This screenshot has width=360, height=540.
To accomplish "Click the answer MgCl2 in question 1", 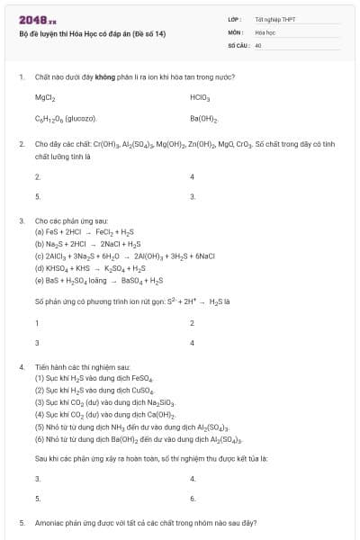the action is pyautogui.click(x=45, y=96).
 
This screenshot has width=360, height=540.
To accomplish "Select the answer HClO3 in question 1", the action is pyautogui.click(x=200, y=96).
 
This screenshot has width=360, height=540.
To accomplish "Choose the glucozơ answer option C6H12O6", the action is pyautogui.click(x=66, y=119).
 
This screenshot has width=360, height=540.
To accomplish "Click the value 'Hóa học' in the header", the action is pyautogui.click(x=265, y=31).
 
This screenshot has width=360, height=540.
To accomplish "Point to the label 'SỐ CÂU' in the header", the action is pyautogui.click(x=238, y=44).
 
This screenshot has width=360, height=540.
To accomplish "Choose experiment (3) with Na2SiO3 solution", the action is pyautogui.click(x=103, y=402).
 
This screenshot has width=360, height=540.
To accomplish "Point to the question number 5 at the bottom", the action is pyautogui.click(x=21, y=522).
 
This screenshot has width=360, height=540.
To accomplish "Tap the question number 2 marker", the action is pyautogui.click(x=21, y=143).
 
